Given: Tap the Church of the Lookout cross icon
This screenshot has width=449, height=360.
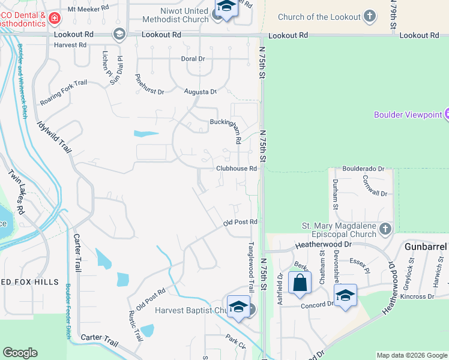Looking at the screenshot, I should click(370, 16).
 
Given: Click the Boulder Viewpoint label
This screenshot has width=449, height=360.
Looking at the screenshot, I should click(408, 115).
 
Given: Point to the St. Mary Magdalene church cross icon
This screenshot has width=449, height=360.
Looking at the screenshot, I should click(385, 229).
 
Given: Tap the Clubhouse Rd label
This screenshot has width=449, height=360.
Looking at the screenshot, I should click(237, 169).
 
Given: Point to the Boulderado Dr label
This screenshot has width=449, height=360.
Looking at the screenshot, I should click(363, 170).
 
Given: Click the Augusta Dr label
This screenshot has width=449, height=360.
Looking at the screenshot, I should click(200, 92).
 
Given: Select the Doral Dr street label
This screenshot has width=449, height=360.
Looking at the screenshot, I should click(193, 59).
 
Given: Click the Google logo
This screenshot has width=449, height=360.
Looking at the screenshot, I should click(20, 353).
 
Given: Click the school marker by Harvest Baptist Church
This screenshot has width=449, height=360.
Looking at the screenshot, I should click(238, 306).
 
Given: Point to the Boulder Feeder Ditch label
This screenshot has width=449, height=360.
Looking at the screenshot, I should click(69, 313).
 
